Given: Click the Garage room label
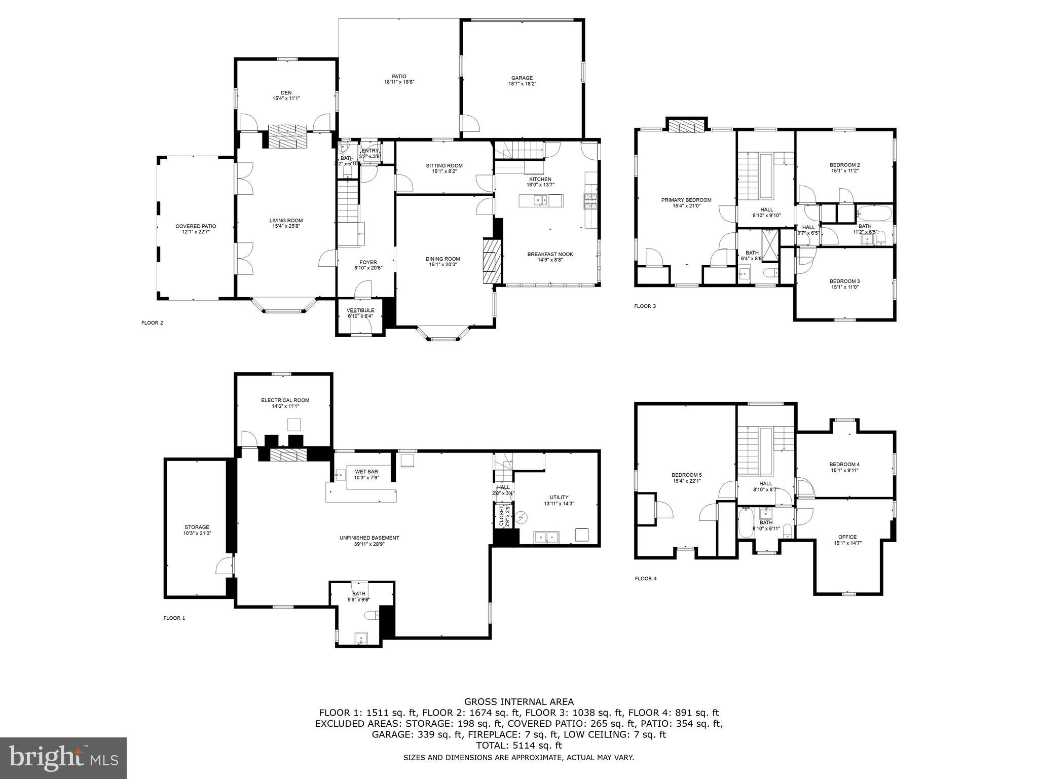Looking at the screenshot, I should coord(522,78).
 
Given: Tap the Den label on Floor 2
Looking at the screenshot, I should coord(286,93).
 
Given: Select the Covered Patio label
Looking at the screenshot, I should coord(196,226).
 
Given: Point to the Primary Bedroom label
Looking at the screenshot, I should coord(686,200).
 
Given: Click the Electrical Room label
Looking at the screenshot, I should coord(285,400).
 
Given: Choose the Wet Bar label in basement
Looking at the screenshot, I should coord(366,472).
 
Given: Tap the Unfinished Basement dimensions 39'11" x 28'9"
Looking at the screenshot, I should coord(369,544).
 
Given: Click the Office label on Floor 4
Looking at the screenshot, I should coord(847,537).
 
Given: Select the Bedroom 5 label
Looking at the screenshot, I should coord(687,475).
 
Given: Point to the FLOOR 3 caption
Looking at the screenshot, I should coord(645,306).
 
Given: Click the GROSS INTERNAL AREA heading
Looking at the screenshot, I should coord(519,702).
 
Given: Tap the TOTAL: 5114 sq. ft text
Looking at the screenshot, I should coord(519,746).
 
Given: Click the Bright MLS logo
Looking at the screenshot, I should coord(63,758).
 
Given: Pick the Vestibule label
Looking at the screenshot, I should coord(360,310).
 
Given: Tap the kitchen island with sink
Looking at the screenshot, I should coord(541,201).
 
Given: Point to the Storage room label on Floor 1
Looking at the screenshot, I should coord(197,527).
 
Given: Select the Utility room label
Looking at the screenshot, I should coord(559,497).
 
